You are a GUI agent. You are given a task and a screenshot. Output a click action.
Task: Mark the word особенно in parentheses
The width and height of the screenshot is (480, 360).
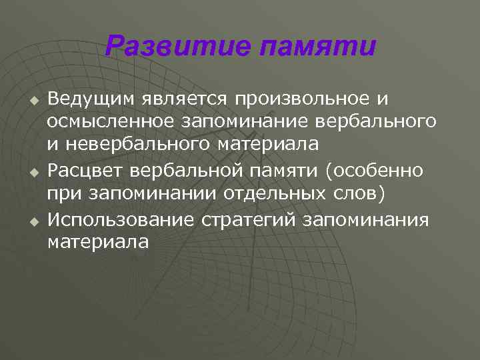point(377,170)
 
